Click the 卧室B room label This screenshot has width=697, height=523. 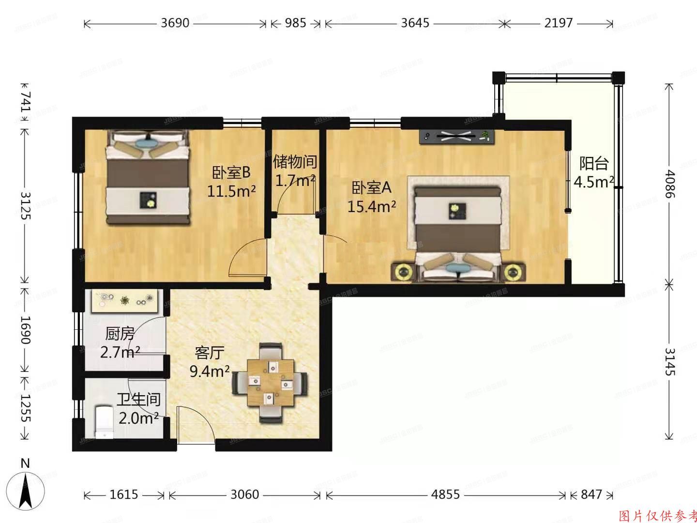point(231,172)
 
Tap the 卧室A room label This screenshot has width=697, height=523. point(371,187)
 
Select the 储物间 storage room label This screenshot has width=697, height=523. point(295,161)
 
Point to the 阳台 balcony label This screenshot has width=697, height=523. point(594,164)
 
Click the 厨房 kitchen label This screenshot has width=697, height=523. point(120,334)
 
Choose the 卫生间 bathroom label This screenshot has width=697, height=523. point(138,400)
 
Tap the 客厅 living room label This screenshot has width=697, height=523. point(209,353)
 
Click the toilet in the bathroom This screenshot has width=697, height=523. point(104,421)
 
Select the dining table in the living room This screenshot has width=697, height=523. point(270,383)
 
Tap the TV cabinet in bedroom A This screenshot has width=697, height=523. point(457,137)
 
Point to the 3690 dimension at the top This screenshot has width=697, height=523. point(175,23)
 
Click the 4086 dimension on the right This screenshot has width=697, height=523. point(669,183)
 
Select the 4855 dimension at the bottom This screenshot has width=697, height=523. point(445,494)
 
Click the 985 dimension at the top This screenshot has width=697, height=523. point(295,23)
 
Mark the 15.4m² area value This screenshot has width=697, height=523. point(372,207)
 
